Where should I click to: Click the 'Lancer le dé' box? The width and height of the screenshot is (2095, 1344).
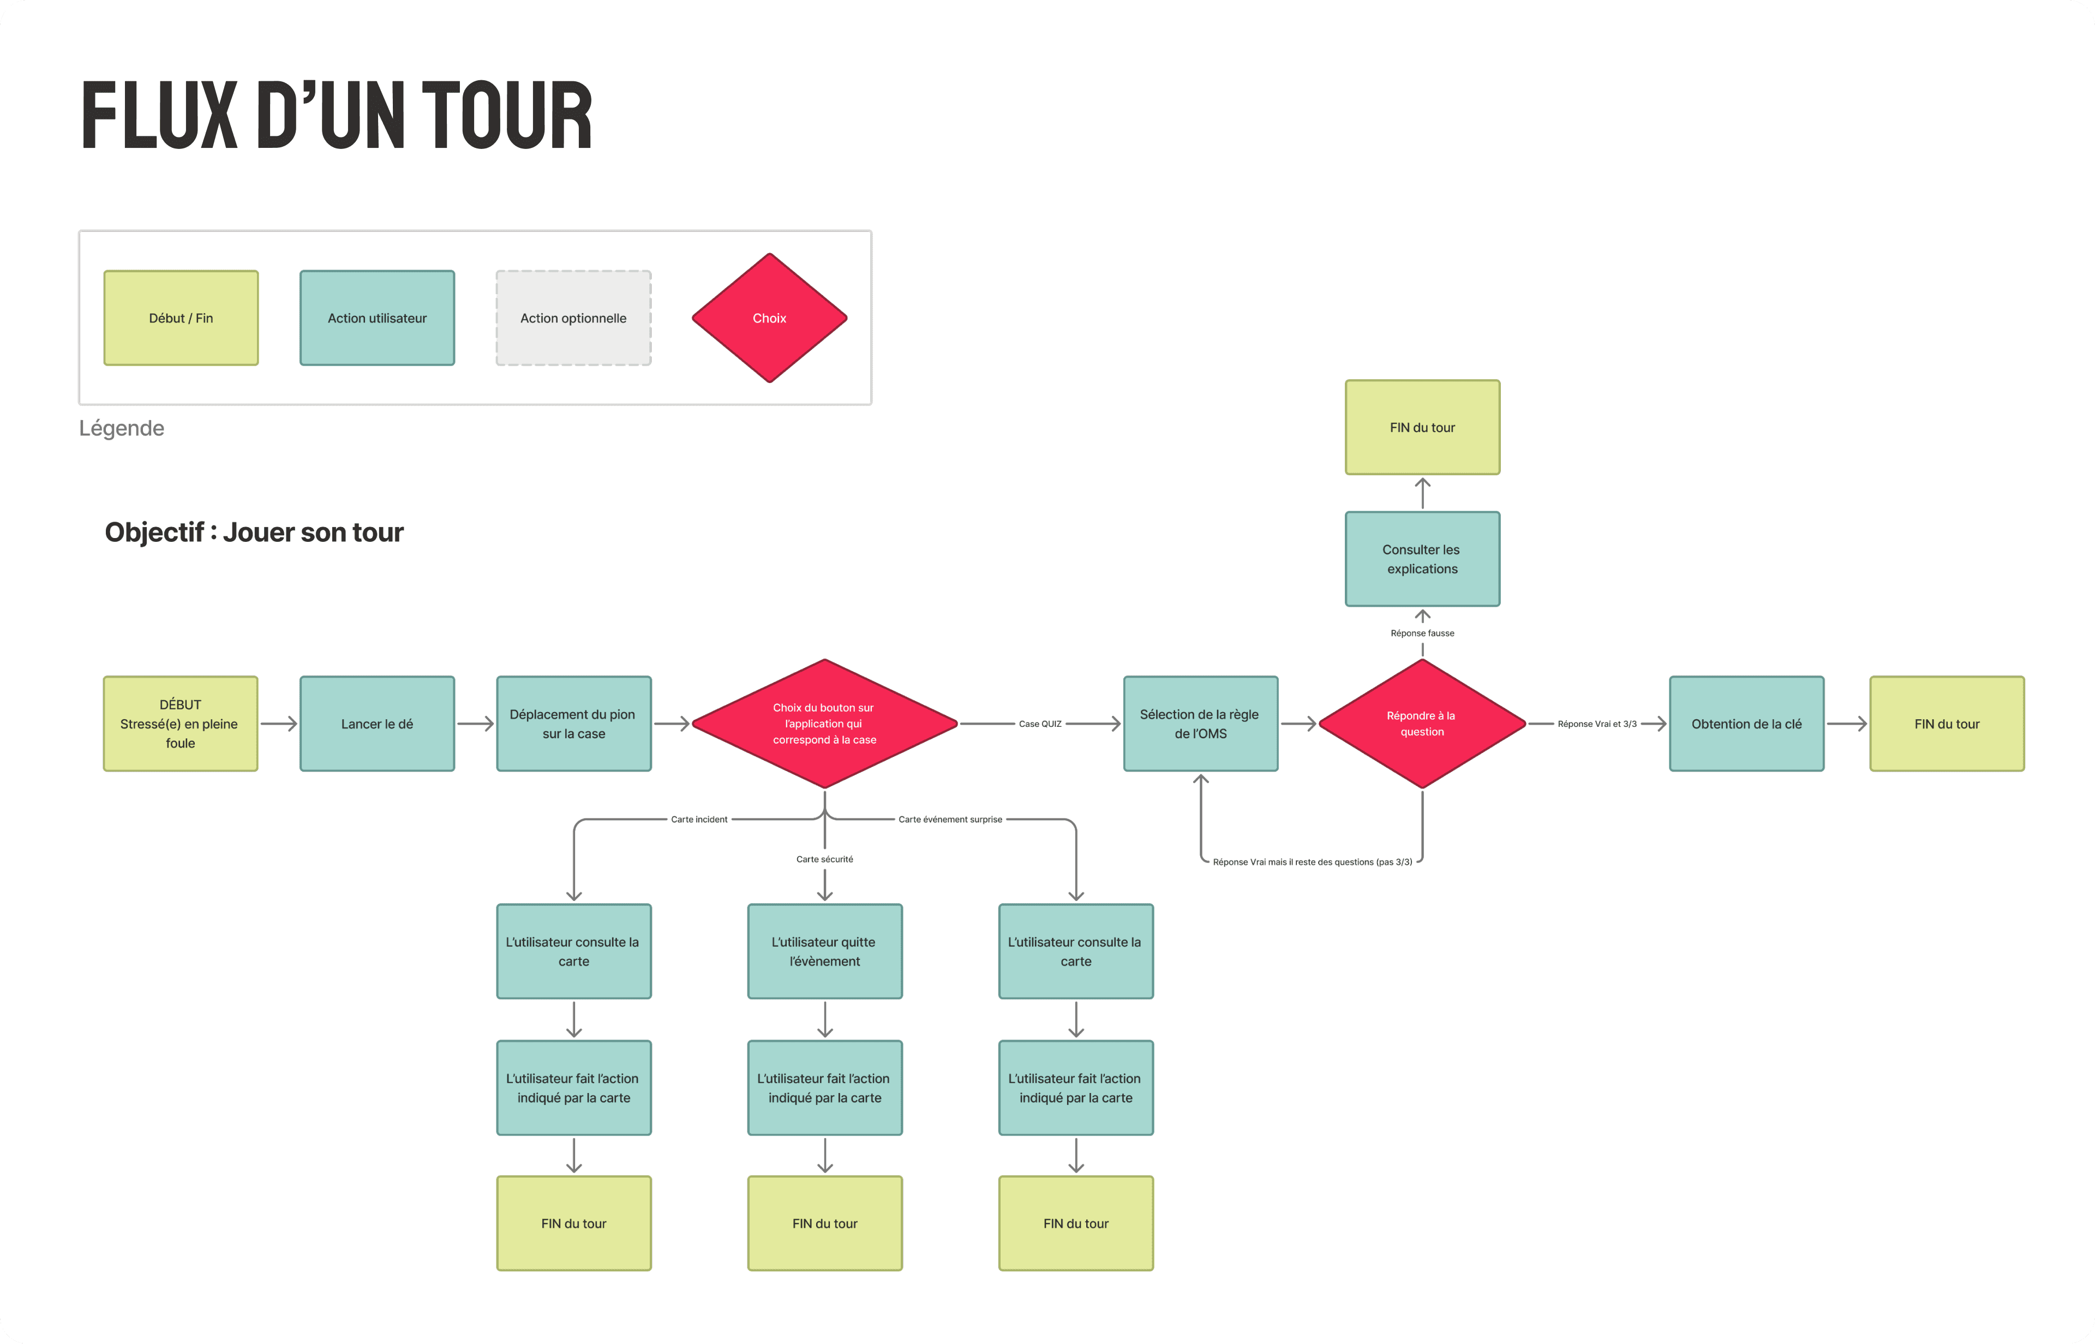coord(377,724)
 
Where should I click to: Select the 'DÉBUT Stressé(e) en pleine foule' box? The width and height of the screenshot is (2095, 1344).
coord(181,724)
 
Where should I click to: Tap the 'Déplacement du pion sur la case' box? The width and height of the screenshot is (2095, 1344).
coord(573,724)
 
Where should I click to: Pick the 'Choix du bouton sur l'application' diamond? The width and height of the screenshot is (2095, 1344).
coord(824,724)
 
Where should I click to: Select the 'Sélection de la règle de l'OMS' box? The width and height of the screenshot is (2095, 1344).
coord(1201,724)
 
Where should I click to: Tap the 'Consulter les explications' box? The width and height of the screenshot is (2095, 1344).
coord(1422,559)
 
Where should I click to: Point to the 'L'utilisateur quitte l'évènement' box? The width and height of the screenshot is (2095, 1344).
coord(824,951)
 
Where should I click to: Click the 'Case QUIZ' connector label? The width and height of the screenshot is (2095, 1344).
coord(1040,724)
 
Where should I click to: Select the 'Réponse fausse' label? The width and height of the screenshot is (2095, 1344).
coord(1422,633)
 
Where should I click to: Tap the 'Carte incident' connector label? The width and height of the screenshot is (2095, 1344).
coord(699,820)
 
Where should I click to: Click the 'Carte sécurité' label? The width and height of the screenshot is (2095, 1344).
coord(824,859)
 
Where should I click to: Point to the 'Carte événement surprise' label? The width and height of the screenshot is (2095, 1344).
coord(950,820)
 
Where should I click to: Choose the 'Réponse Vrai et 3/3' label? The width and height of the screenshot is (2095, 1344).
coord(1597,724)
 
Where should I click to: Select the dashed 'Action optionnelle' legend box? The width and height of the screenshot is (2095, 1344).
coord(573,318)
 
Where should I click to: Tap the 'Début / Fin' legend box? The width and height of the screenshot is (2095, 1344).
coord(181,318)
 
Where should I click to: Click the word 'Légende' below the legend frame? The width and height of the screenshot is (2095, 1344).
coord(121,428)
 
